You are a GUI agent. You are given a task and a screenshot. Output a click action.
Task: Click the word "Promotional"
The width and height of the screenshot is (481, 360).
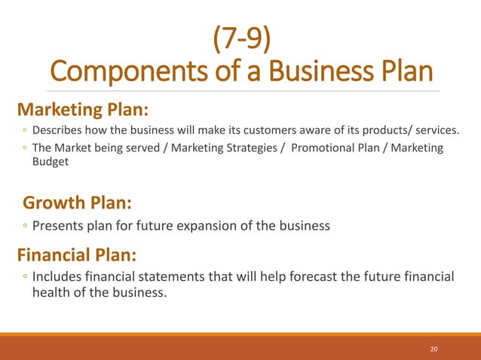[x=325, y=148]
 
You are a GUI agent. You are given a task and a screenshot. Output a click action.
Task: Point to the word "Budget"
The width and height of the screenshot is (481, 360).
[x=50, y=161]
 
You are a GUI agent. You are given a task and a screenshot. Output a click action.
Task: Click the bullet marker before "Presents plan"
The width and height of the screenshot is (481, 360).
[x=25, y=227]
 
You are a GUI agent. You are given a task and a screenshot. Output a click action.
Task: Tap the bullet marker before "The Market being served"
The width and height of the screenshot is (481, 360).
[x=25, y=148]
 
